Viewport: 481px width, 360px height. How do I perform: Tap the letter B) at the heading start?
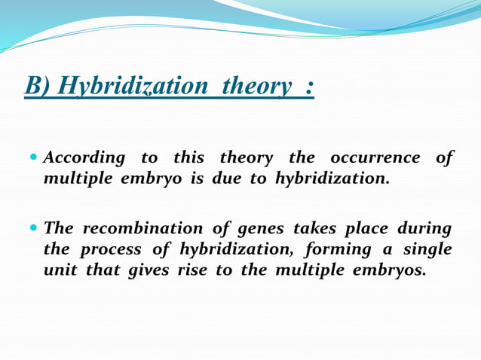(38, 87)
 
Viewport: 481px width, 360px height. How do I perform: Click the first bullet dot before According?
(33, 158)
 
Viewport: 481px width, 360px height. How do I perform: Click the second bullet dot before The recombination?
(33, 228)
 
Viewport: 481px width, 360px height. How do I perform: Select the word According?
(84, 158)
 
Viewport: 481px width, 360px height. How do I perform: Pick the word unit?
(57, 271)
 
